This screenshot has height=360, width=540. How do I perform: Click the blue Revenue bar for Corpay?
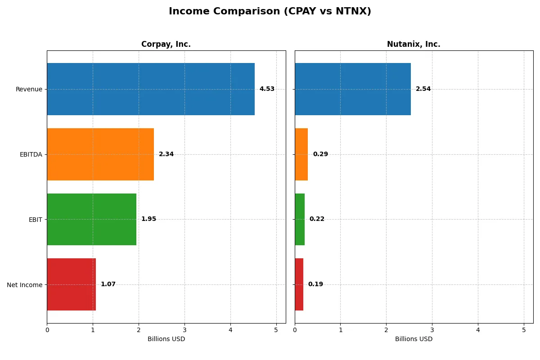tap(151, 89)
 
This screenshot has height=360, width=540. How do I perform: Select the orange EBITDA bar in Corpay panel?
tap(100, 154)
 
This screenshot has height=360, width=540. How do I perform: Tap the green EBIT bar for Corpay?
tap(91, 219)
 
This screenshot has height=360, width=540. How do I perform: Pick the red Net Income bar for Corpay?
tap(71, 284)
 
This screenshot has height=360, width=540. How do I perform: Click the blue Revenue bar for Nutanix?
tap(353, 89)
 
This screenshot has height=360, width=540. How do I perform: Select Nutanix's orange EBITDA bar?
tap(301, 154)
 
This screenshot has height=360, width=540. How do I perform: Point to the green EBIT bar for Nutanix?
tap(300, 219)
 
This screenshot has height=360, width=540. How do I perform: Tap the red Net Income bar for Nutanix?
tap(299, 284)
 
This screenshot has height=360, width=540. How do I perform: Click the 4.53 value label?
tap(267, 89)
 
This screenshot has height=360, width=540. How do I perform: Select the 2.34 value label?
tap(166, 154)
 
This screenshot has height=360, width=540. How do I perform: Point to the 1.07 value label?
tap(108, 284)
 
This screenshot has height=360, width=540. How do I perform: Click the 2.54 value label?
tap(423, 89)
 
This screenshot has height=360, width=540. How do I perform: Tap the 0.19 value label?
tap(315, 284)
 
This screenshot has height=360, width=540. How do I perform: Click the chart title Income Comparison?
tap(270, 11)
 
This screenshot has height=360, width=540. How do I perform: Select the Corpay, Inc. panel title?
tap(166, 44)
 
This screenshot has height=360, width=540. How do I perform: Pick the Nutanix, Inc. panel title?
tap(414, 44)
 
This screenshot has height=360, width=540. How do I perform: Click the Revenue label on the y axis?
tap(29, 89)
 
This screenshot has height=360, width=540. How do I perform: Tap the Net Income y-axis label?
tap(25, 285)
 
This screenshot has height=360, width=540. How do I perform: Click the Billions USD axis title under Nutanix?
tap(414, 339)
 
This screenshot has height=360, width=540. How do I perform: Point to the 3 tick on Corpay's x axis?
tap(184, 330)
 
